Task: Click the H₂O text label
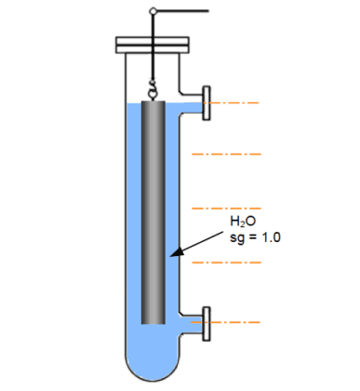point(242,222)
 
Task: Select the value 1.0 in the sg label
point(271,237)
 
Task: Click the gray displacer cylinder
point(153,214)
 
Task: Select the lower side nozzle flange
point(205,321)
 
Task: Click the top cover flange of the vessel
point(153,44)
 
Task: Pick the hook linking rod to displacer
point(153,91)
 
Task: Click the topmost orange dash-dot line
point(237,100)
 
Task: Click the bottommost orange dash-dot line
point(237,322)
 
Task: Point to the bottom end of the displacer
point(153,322)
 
